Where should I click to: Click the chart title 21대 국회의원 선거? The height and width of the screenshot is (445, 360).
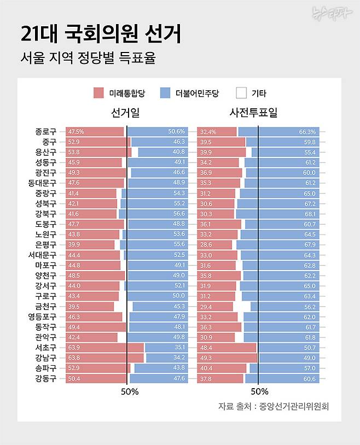click(101, 34)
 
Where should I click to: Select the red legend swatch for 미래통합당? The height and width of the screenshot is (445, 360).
click(98, 93)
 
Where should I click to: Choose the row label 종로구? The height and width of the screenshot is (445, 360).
click(45, 132)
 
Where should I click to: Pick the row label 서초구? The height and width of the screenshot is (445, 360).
click(45, 348)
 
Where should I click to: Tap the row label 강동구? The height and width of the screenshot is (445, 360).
click(45, 378)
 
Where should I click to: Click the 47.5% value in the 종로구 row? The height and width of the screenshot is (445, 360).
click(76, 132)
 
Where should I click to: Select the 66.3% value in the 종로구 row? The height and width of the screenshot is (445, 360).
click(307, 132)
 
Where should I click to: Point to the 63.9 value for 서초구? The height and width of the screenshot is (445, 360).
click(74, 348)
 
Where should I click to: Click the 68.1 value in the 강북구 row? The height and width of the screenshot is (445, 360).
click(310, 214)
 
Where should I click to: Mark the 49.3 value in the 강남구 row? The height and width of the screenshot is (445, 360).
click(206, 358)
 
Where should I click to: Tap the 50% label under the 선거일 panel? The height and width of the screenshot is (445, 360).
click(130, 391)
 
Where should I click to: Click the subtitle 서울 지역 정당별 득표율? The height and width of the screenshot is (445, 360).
click(88, 57)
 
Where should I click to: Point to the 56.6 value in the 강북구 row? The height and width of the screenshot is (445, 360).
click(179, 214)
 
